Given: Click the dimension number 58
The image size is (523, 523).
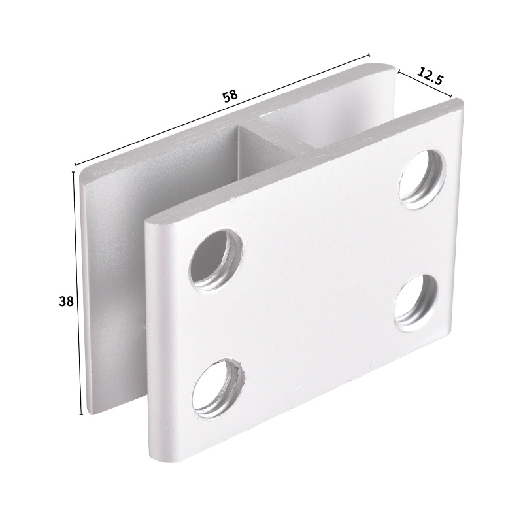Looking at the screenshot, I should coord(229,95).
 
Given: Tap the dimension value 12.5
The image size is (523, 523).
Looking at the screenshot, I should coord(430,76).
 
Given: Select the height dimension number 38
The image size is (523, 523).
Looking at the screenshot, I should coord(66,301).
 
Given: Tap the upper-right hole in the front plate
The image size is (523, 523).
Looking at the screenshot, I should coord(423,178).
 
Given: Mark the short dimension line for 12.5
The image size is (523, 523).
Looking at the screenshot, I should coord(424,83).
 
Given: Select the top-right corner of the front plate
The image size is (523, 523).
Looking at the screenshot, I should coord(459,104).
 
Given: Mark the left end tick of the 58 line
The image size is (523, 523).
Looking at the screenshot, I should coord(76,165).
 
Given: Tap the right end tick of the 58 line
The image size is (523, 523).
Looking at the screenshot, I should coord(369,55).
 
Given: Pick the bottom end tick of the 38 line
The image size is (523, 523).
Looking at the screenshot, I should coord(81,414).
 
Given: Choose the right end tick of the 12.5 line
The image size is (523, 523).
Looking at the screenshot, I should coord(450,97).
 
